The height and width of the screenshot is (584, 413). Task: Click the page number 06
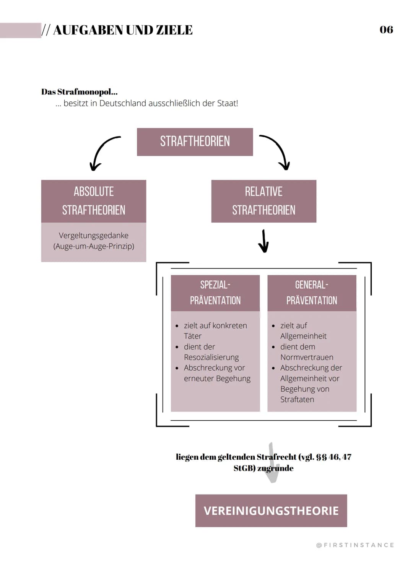pos(386,30)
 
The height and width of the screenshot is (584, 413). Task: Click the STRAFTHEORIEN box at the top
pos(195,142)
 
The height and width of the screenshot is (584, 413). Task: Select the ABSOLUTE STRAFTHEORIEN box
pos(94,201)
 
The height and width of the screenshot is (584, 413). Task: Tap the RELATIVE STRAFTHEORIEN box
pos(263,201)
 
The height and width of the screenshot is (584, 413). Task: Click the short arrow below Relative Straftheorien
pos(263,241)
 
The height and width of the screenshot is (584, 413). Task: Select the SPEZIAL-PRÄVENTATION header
pos(215,293)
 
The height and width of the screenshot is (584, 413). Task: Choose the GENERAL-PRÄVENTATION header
pos(312,293)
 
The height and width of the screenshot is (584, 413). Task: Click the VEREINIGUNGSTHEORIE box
pos(271,511)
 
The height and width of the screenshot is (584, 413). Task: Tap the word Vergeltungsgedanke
pos(94,236)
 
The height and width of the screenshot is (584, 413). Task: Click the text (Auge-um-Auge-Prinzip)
pos(94,246)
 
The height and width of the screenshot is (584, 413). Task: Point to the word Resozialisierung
pos(211,357)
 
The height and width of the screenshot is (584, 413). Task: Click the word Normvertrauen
pos(307,357)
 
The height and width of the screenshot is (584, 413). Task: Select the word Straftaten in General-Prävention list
pos(297,399)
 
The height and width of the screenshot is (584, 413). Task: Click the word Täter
pos(192,336)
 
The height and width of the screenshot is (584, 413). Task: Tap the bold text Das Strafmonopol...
pos(79,92)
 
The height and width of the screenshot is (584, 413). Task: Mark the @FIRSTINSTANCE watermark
pos(355,545)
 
